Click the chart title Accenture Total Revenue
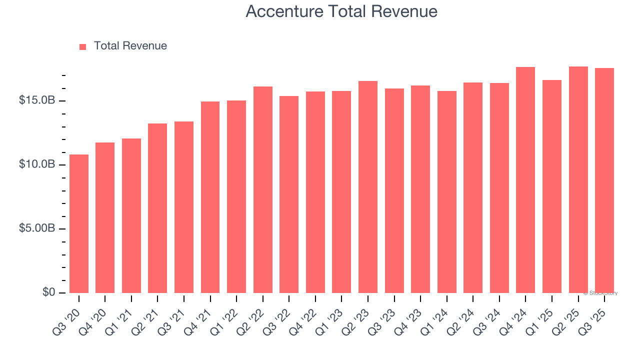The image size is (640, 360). (x=341, y=11)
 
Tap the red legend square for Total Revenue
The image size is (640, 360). (x=83, y=46)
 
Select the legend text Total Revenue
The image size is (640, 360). (x=130, y=46)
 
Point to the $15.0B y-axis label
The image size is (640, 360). (x=37, y=100)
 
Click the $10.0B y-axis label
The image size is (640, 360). (x=37, y=164)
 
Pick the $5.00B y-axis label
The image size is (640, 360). (x=37, y=228)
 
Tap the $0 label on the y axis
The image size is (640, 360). (x=48, y=292)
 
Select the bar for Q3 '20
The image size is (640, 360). (x=79, y=223)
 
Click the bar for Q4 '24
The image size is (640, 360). (x=525, y=180)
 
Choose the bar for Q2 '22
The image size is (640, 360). (x=263, y=190)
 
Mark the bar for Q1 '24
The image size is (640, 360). (x=446, y=192)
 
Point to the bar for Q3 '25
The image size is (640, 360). (x=604, y=180)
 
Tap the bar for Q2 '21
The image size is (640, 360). (x=157, y=208)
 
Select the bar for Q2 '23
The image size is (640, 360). (x=368, y=187)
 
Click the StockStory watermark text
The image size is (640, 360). (x=600, y=293)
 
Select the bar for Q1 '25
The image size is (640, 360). (x=552, y=186)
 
